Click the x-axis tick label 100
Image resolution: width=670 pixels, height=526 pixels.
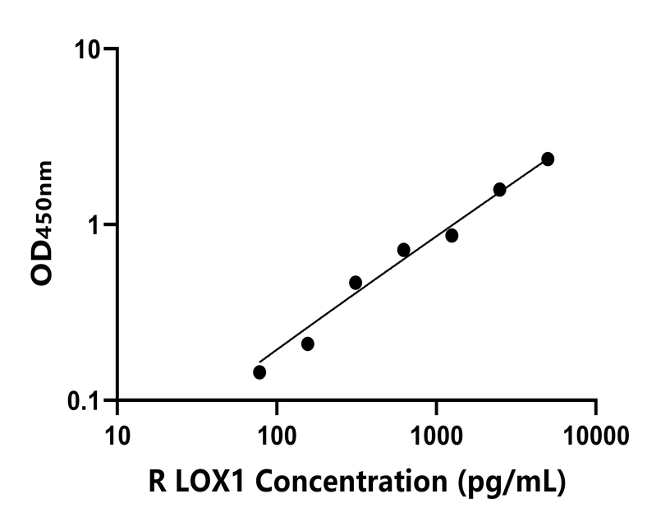(277, 433)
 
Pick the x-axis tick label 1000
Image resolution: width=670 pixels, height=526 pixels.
(436, 433)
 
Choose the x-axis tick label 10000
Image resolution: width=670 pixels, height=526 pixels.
(595, 433)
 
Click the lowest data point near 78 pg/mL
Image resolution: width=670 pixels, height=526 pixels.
(259, 372)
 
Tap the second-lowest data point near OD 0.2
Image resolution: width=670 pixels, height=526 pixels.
(308, 344)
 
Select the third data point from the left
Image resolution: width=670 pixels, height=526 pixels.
(356, 283)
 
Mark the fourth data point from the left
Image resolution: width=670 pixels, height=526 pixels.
(403, 250)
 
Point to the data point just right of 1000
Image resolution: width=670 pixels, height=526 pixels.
(452, 236)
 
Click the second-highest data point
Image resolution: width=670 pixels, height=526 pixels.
(499, 190)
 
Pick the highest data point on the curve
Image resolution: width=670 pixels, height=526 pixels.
(548, 159)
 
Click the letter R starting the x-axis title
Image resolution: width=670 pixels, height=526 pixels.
(159, 482)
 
